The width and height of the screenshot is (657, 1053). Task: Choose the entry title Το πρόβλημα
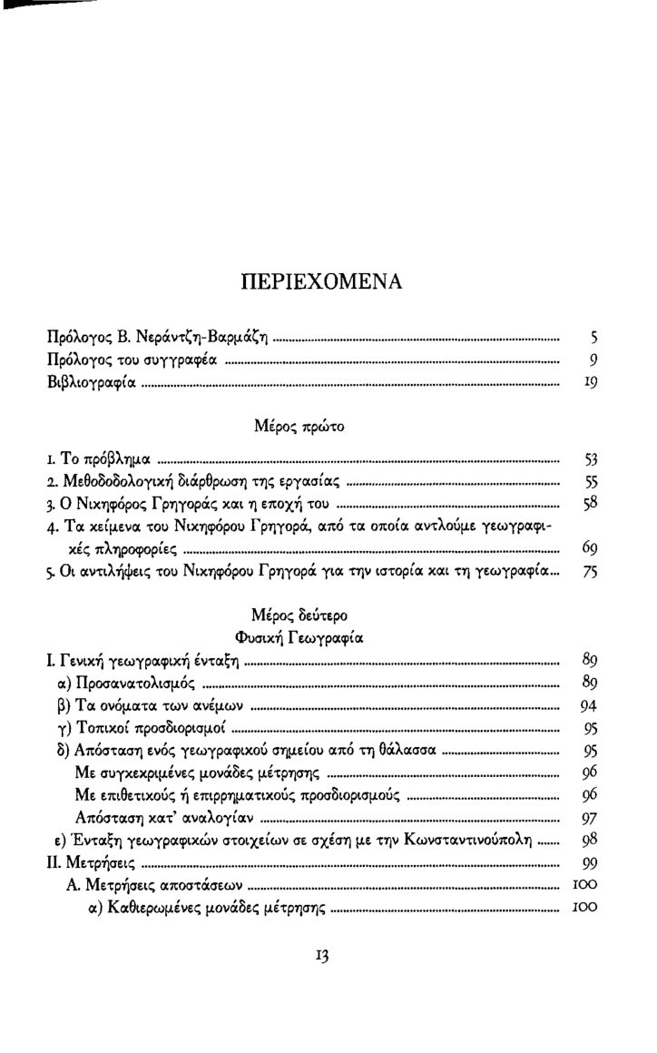(x=109, y=456)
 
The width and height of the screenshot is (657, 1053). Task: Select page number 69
(x=588, y=549)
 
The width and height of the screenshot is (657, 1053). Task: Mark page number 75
(x=588, y=573)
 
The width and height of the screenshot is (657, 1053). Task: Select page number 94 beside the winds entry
(x=587, y=705)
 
